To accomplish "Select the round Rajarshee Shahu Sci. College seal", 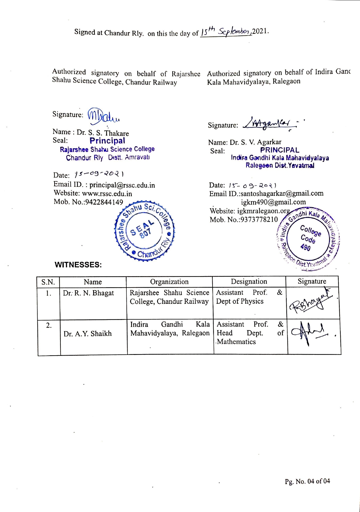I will (x=144, y=231).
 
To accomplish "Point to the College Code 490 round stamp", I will (x=309, y=238).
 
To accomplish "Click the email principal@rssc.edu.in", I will (x=122, y=185).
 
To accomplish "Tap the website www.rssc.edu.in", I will (x=107, y=194).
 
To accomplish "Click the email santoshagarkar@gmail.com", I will (x=282, y=193).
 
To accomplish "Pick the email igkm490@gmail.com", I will (x=273, y=202).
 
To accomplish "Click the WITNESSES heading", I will (x=78, y=265).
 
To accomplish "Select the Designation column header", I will (x=249, y=281).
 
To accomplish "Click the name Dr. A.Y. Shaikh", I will (x=88, y=334).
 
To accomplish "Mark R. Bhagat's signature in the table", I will (x=311, y=302).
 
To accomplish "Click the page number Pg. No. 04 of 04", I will (x=307, y=481).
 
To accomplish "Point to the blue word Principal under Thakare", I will (x=107, y=141).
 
